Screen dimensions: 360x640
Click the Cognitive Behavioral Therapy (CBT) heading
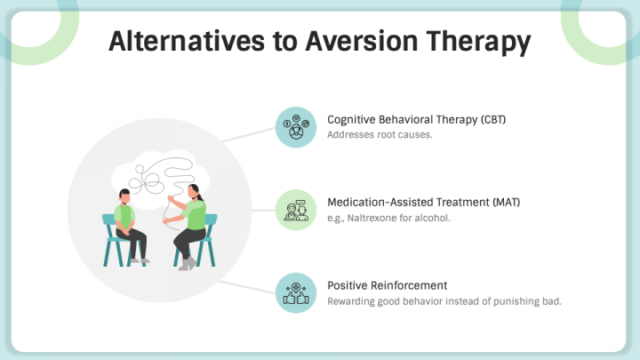416,119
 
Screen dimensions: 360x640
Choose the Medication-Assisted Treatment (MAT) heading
423,203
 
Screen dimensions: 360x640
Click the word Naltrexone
377,218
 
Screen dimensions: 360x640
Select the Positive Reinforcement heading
387,285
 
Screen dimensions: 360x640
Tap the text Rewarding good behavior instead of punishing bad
444,301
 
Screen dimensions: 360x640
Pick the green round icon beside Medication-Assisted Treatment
295,210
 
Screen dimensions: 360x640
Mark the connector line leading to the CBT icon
248,134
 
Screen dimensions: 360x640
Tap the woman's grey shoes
186,264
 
